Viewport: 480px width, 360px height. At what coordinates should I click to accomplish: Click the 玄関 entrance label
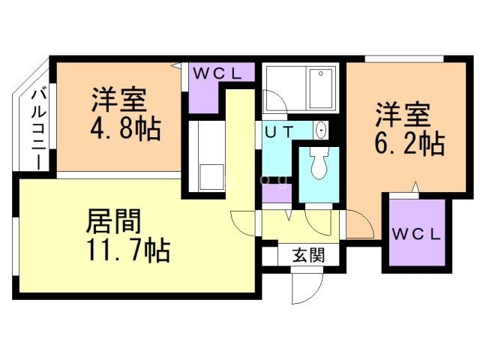coord(308,255)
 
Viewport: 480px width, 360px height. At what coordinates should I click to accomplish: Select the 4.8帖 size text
coord(125,129)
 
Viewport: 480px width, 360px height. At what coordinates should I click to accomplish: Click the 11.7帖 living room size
coord(128,250)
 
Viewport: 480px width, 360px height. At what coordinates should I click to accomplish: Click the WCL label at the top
coord(217,73)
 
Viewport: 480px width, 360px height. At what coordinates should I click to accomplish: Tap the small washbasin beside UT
coord(322,130)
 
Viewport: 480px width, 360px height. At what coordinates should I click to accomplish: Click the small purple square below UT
coord(271,192)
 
